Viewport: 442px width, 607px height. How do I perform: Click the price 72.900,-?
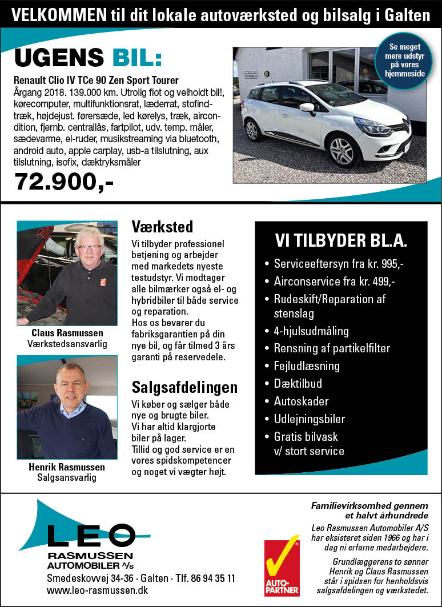pyautogui.click(x=64, y=182)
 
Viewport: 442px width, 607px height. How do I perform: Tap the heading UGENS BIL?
pyautogui.click(x=89, y=58)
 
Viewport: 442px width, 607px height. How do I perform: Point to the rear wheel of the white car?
pyautogui.click(x=252, y=130)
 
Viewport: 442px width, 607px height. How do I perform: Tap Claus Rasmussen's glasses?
pyautogui.click(x=89, y=247)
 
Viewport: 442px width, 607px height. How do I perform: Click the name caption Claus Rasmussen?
pyautogui.click(x=67, y=333)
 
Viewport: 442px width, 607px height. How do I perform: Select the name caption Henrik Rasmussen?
pyautogui.click(x=67, y=467)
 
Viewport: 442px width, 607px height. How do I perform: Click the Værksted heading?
pyautogui.click(x=162, y=227)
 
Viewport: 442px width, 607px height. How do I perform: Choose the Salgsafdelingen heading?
pyautogui.click(x=184, y=388)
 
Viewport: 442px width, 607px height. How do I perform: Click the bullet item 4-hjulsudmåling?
pyautogui.click(x=311, y=331)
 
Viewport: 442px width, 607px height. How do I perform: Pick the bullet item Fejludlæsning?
pyautogui.click(x=307, y=366)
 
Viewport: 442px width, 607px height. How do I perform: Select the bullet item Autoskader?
pyautogui.click(x=301, y=401)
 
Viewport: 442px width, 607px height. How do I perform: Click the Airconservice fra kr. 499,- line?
pyautogui.click(x=334, y=282)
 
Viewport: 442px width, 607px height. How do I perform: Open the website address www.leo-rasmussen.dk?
pyautogui.click(x=97, y=590)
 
